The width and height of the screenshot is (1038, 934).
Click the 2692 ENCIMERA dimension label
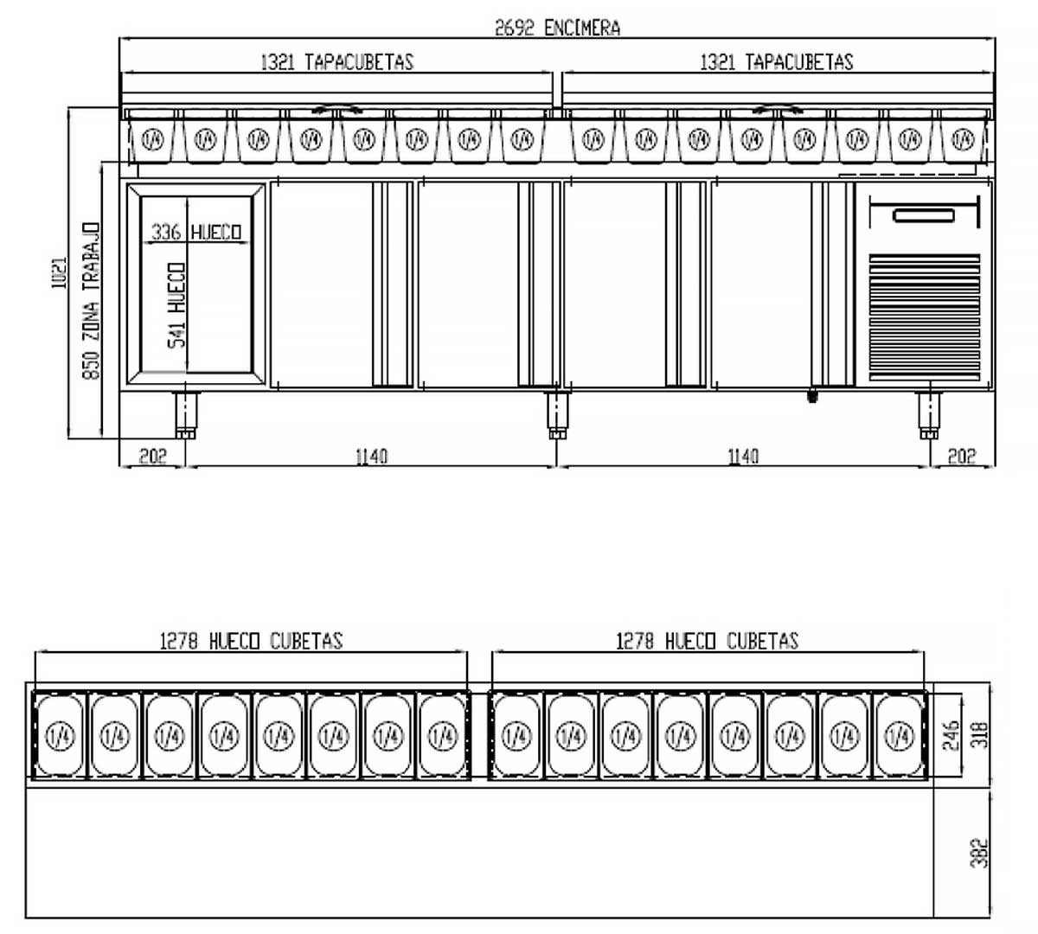pos(557,28)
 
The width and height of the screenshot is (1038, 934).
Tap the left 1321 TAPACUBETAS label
pos(336,61)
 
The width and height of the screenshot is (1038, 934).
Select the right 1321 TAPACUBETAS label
pos(776,61)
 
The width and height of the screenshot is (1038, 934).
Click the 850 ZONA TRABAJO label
pos(91,300)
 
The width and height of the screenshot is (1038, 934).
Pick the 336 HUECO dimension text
pos(196,232)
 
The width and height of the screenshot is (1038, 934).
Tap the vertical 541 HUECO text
pos(176,304)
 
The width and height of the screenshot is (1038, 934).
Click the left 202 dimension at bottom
pos(152,456)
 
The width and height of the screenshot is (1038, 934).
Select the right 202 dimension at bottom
pos(961,456)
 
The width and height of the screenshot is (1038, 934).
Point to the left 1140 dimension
pos(371,456)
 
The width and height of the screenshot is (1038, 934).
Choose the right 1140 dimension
pos(743,456)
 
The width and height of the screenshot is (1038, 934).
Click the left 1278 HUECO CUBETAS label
pos(251,641)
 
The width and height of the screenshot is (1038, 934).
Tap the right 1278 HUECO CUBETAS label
pos(707,641)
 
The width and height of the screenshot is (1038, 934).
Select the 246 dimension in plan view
pos(951,736)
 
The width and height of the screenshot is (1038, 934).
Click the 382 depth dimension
pos(979,853)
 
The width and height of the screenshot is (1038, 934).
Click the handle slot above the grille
pos(924,214)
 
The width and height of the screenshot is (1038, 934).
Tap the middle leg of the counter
pos(557,416)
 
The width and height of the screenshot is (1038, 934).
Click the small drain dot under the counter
pos(811,397)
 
